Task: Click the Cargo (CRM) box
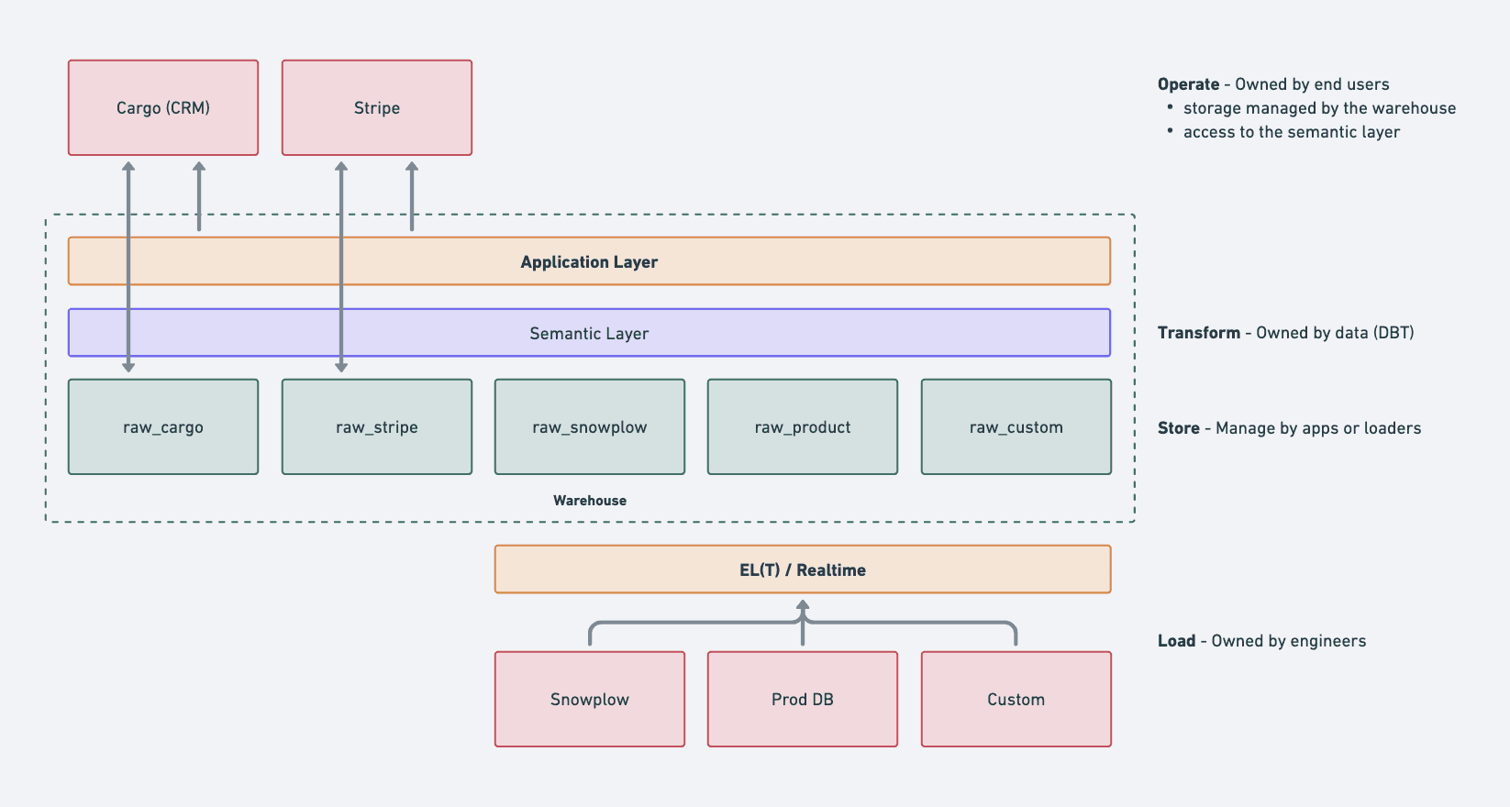point(163,108)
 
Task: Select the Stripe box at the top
point(377,108)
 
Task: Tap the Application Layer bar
point(589,261)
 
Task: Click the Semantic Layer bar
point(589,333)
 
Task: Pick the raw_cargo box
point(163,427)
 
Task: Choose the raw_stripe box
point(377,427)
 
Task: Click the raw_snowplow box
point(590,427)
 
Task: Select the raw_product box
point(803,427)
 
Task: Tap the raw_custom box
point(1016,427)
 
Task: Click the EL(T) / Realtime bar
point(803,569)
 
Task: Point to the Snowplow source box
point(590,699)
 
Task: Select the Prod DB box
point(803,699)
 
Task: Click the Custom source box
point(1016,699)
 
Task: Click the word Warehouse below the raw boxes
point(590,501)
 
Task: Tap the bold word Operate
point(1188,85)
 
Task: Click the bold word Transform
point(1199,333)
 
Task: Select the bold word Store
point(1178,428)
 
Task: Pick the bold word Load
point(1176,641)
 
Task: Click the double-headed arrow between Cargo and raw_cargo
point(128,267)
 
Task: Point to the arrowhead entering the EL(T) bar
point(803,605)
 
